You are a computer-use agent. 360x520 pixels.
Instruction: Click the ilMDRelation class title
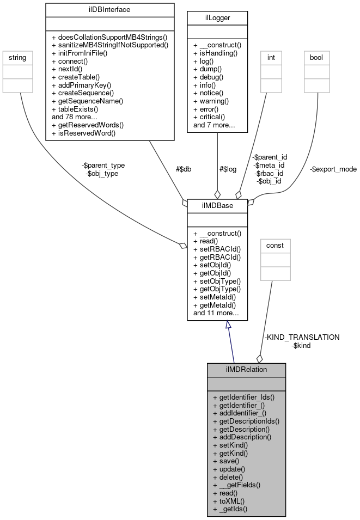pos(246,369)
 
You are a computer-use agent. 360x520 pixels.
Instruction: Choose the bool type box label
pos(316,56)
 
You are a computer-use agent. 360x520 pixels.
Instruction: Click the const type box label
pos(274,246)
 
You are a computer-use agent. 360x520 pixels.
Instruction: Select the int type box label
pos(271,56)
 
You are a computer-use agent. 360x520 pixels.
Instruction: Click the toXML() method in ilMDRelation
pos(228,501)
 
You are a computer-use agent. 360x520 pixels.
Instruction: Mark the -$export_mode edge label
pos(333,169)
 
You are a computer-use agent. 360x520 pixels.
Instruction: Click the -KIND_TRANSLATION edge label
pos(302,337)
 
